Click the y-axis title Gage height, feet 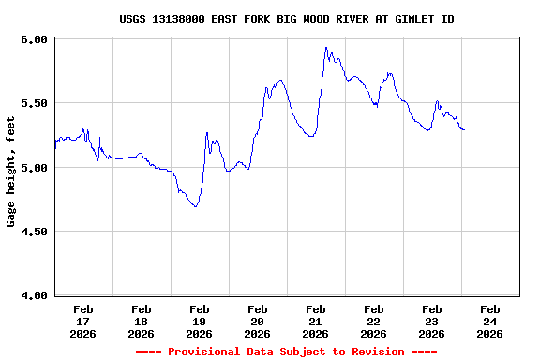point(11,168)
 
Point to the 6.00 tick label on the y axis point(34,39)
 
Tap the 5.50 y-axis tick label point(34,103)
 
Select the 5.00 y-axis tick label point(34,168)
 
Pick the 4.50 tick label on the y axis point(34,232)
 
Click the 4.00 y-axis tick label point(34,295)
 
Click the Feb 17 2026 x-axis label point(83,321)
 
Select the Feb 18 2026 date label point(142,321)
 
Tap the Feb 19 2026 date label point(200,321)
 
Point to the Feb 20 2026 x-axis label point(258,321)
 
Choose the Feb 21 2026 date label point(316,321)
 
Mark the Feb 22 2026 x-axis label point(374,321)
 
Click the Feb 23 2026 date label point(432,321)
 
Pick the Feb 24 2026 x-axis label point(490,321)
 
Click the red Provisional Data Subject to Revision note point(287,352)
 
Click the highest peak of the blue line point(325,48)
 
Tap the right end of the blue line point(464,129)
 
